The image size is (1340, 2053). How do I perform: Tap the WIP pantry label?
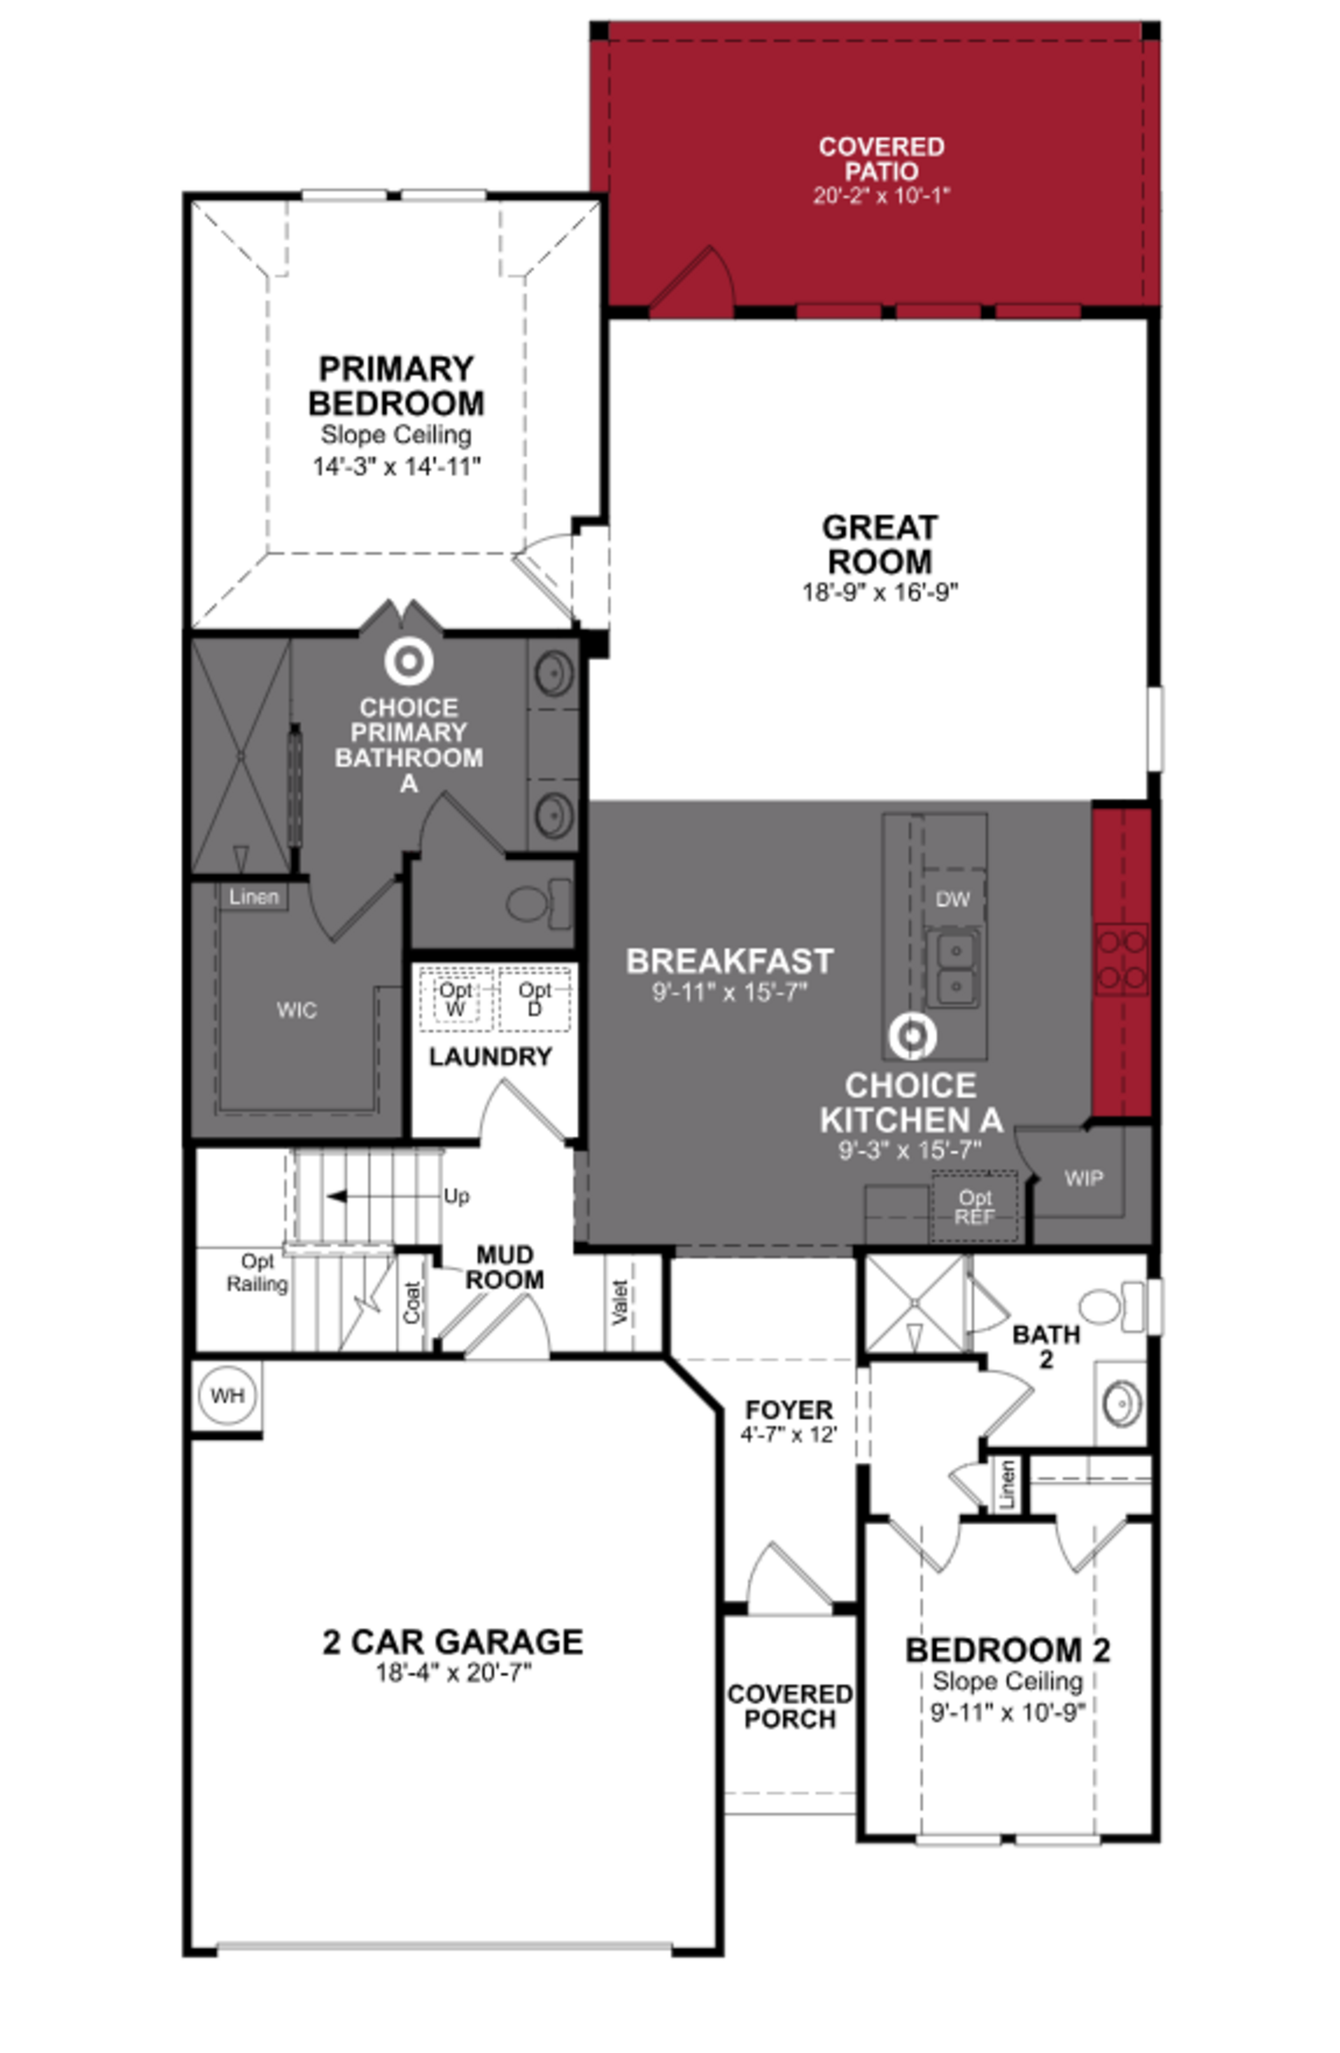tap(1083, 1178)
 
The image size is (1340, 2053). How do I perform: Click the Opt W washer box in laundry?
tap(456, 999)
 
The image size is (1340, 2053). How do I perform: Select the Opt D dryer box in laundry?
tap(534, 999)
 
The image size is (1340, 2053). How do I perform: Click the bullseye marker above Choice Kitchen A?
tap(912, 1036)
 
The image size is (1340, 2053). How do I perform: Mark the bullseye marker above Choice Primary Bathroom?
tap(408, 662)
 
